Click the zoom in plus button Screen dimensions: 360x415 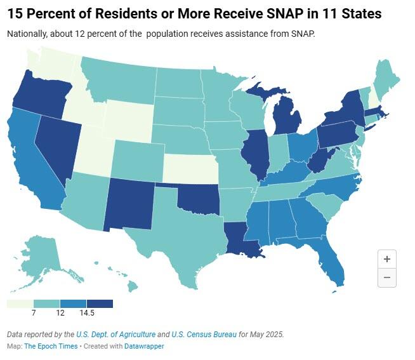[386, 258]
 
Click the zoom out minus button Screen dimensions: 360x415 [386, 277]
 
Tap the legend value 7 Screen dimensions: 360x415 [33, 314]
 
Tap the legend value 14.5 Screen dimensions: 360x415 [86, 314]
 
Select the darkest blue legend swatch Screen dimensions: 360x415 [100, 303]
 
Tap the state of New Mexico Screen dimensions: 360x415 [130, 203]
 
